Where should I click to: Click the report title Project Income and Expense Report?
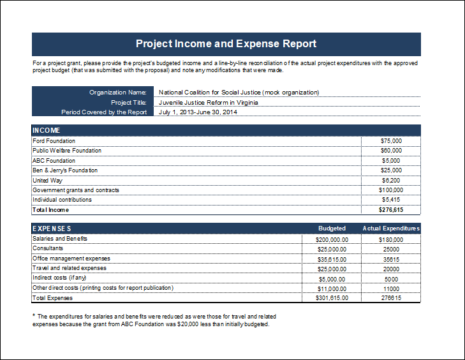pos(226,43)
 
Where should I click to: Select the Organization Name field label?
pos(118,93)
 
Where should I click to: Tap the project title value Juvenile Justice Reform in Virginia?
pos(208,102)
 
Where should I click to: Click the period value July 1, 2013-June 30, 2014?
pos(198,112)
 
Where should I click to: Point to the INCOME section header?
pos(47,130)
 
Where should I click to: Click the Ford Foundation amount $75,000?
pos(391,141)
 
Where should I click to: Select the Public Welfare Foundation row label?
pos(67,151)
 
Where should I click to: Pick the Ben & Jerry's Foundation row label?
pos(65,170)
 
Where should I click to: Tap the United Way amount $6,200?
pos(391,181)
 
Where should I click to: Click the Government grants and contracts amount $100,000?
pos(391,190)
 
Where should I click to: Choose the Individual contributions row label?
pos(62,200)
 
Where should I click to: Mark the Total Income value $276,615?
pos(391,210)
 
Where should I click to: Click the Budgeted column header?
pos(332,229)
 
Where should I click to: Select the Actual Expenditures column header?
pos(391,229)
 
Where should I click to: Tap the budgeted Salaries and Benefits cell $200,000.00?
pos(332,240)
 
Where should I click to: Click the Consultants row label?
pos(48,248)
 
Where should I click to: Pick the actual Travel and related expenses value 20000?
pos(391,269)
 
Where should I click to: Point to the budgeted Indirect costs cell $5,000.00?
pos(332,280)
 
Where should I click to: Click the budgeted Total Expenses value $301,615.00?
pos(332,297)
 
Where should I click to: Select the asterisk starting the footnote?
pos(34,315)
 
